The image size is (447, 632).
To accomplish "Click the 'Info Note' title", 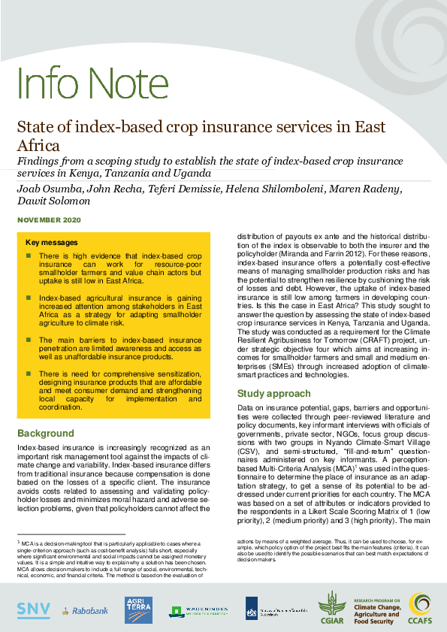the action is pyautogui.click(x=77, y=83).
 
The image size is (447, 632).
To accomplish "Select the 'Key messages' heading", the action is pyautogui.click(x=51, y=243).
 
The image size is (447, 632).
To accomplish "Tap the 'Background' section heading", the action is pyautogui.click(x=46, y=434).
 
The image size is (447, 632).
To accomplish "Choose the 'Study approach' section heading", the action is pyautogui.click(x=273, y=393).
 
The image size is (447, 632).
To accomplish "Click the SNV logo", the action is pyautogui.click(x=34, y=608).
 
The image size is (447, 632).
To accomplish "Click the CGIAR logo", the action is pyautogui.click(x=331, y=608).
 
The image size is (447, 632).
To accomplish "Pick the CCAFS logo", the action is pyautogui.click(x=420, y=608).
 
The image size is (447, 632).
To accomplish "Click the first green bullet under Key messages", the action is pyautogui.click(x=29, y=256).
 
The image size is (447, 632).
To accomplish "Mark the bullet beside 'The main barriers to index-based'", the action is pyautogui.click(x=29, y=340).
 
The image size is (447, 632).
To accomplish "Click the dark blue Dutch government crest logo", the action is pyautogui.click(x=253, y=607).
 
